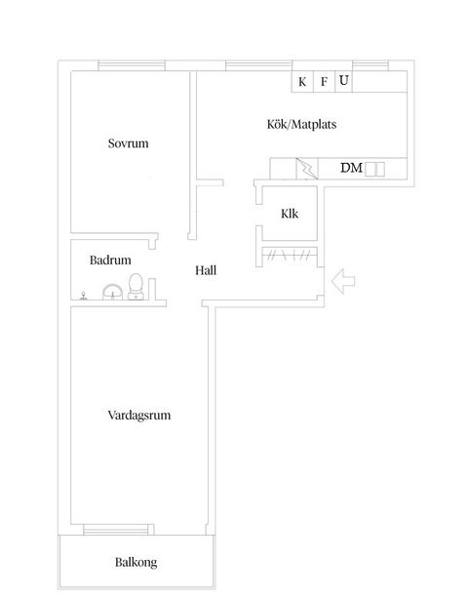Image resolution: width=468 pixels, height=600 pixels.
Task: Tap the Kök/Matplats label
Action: coord(301,125)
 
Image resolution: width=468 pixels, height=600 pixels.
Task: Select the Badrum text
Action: coord(110,260)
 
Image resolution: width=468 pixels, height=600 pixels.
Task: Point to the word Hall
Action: coord(205,270)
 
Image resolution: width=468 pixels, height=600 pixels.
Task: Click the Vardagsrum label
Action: coord(139,415)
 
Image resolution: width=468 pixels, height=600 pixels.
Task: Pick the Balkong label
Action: coord(136,562)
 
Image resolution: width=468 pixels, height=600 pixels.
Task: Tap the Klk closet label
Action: coord(289,215)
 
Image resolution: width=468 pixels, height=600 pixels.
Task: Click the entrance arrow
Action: coord(344,282)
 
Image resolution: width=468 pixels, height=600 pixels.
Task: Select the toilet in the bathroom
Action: coord(137,286)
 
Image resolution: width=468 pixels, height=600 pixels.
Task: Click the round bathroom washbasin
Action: coord(112,290)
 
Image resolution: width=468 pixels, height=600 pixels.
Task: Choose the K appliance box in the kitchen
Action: coord(302,82)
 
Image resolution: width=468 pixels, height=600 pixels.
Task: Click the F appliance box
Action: coord(324,82)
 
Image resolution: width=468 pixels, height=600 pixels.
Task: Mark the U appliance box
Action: coord(343,81)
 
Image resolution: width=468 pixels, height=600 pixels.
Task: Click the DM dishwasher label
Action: coord(351,168)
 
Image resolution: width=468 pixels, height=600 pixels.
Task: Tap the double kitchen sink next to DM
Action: coord(375,169)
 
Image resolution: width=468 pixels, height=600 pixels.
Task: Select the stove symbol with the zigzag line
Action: coord(307,169)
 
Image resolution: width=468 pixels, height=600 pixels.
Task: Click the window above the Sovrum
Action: coord(131,65)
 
